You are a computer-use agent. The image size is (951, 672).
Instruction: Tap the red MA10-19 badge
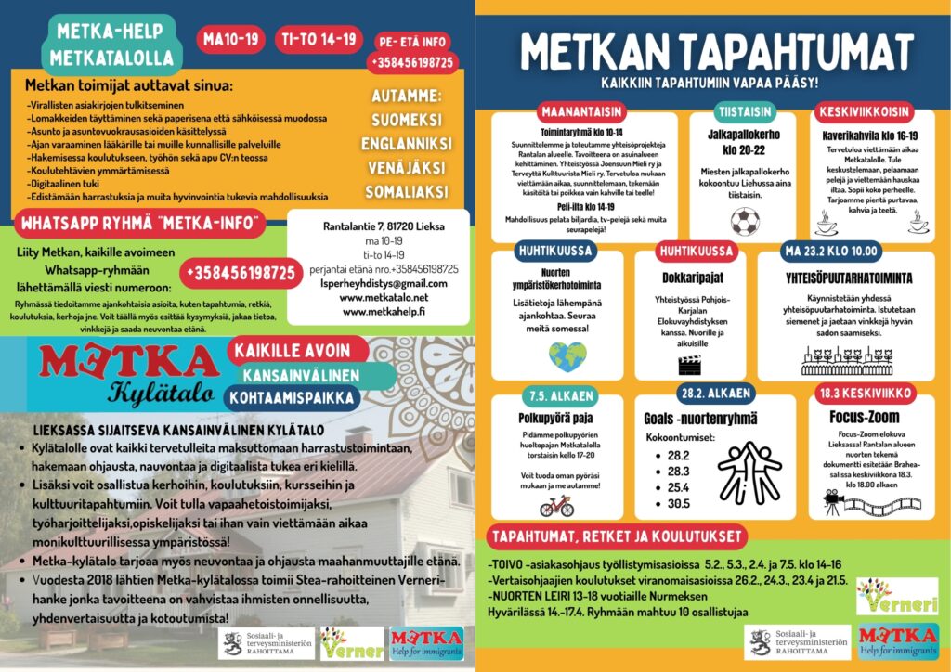click(x=231, y=39)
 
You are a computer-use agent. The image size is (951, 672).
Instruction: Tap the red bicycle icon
click(x=556, y=506)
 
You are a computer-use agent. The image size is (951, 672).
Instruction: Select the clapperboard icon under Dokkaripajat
click(x=688, y=365)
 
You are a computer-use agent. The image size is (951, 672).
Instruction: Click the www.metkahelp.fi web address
click(x=384, y=312)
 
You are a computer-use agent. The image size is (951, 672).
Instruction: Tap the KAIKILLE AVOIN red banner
click(x=292, y=351)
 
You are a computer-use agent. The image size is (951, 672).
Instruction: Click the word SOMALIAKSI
click(x=406, y=191)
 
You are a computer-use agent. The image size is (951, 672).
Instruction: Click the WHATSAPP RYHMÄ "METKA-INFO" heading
click(x=140, y=223)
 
